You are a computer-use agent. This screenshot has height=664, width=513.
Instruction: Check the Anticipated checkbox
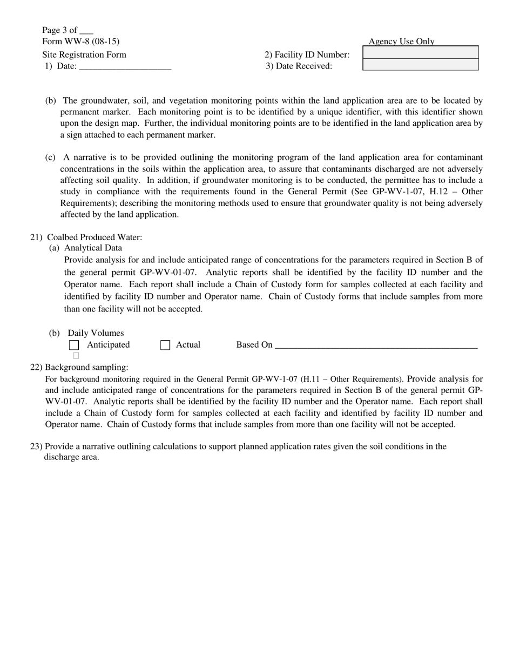click(75, 345)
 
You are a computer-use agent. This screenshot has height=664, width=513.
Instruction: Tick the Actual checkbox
click(165, 345)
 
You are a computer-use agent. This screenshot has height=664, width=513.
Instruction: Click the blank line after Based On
click(376, 346)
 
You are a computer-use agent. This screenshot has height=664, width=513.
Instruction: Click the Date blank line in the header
click(125, 67)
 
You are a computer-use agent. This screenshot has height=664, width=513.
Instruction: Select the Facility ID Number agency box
click(421, 52)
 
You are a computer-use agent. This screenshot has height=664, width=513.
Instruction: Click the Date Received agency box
click(421, 65)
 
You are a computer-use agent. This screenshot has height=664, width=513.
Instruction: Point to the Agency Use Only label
click(401, 42)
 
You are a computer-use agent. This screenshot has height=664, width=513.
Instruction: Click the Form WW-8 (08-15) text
click(81, 42)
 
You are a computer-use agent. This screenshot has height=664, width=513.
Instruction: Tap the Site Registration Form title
click(84, 55)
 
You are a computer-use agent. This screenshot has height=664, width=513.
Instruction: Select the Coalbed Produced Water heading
click(94, 237)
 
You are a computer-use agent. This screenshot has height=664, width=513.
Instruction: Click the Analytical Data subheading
click(93, 248)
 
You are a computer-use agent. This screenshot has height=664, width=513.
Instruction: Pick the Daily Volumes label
click(96, 333)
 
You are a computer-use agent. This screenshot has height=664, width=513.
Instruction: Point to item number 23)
click(36, 446)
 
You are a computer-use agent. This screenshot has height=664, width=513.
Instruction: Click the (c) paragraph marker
click(50, 157)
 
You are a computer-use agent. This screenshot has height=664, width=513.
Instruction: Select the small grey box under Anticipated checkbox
click(76, 356)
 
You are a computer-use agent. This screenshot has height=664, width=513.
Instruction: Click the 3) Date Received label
click(299, 66)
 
